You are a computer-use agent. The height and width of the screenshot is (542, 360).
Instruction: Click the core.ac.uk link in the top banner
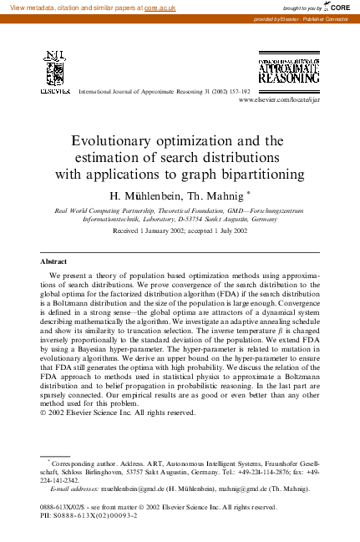coord(159,7)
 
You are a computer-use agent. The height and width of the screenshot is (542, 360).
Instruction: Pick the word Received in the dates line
coord(128,230)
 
